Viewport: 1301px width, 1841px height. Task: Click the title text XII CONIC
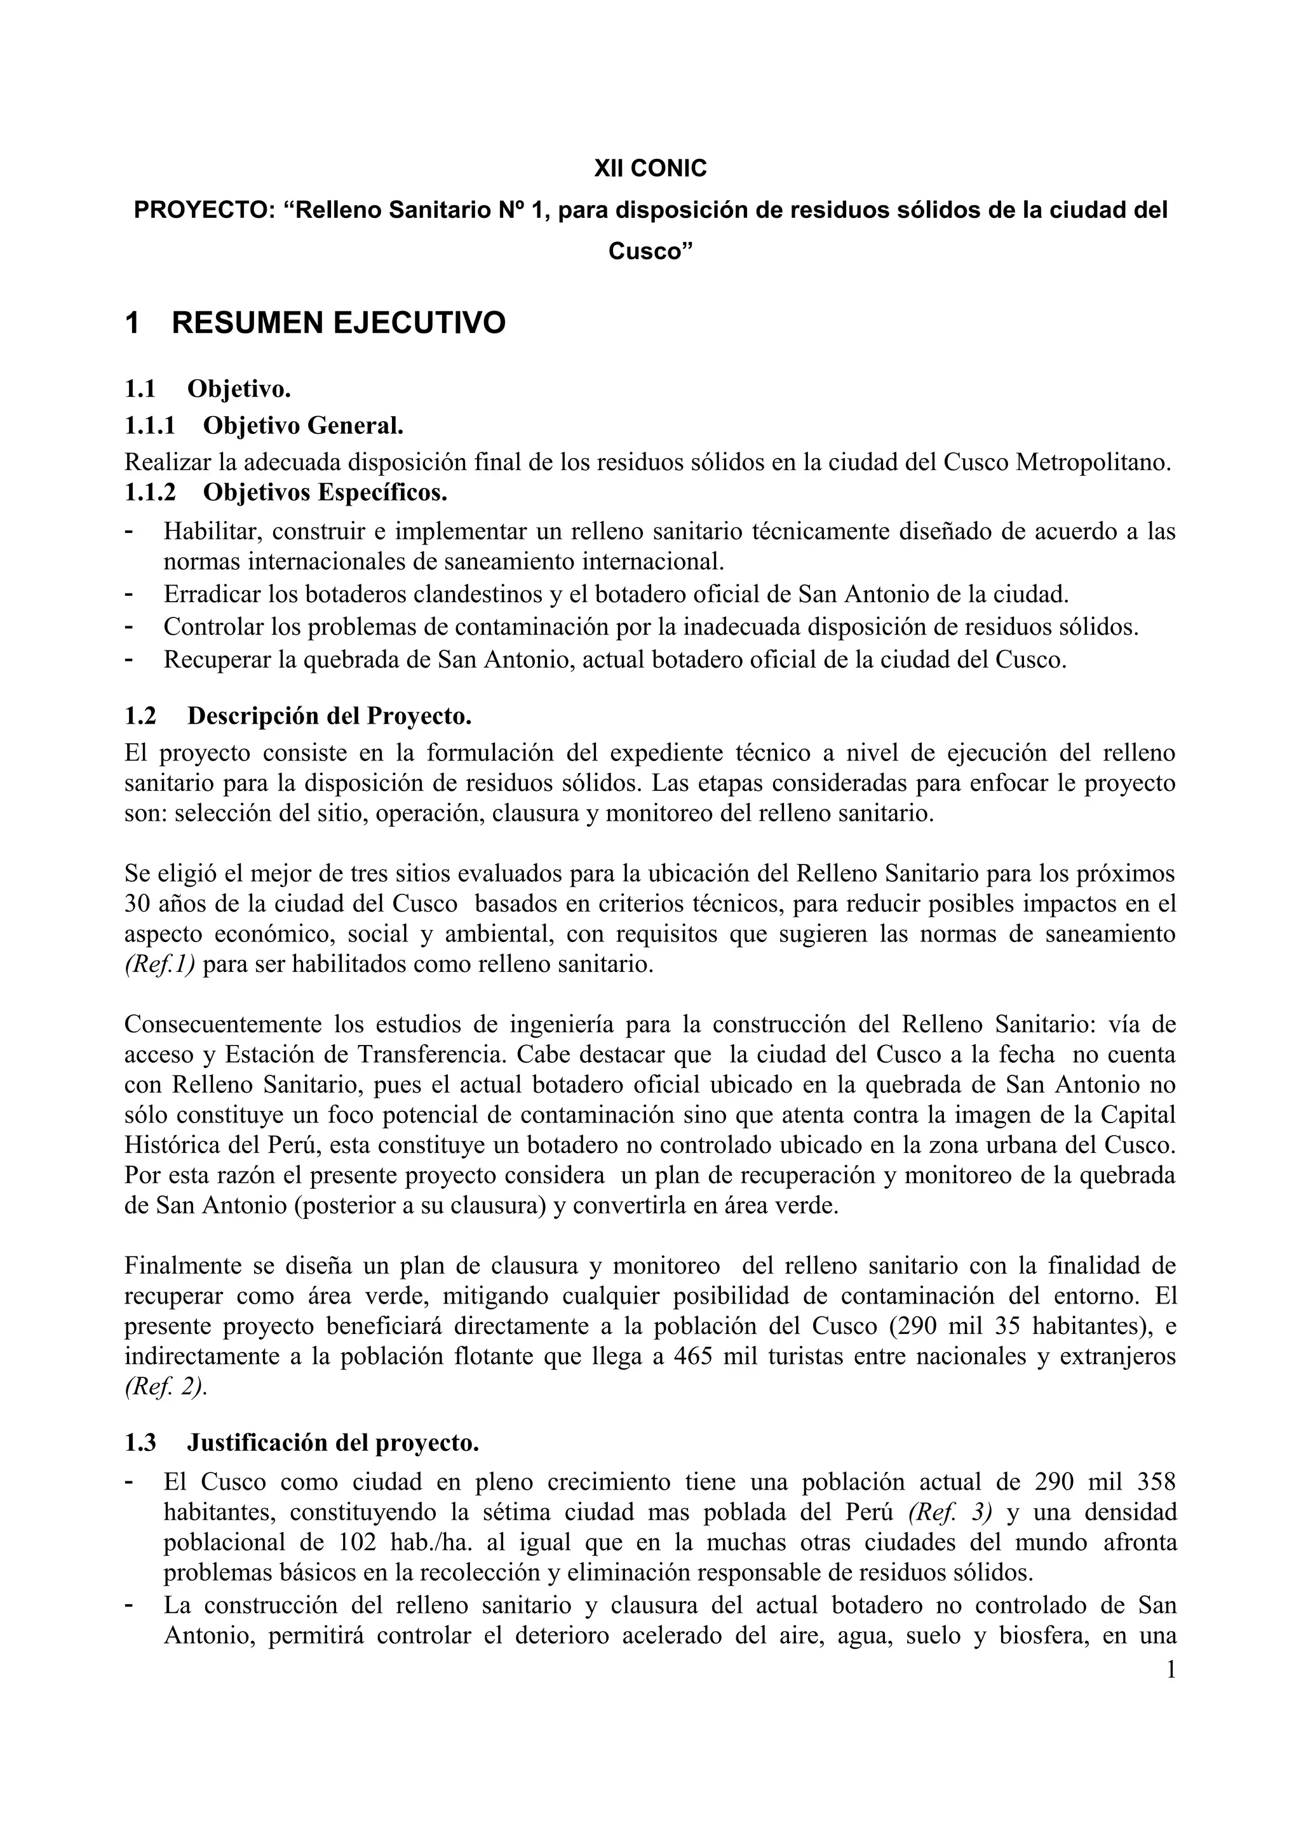650,168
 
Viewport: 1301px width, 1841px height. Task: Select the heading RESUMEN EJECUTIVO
339,323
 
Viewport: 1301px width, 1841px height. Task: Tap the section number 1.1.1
150,425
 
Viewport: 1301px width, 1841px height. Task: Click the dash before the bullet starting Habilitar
129,531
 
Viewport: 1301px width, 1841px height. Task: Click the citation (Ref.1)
159,964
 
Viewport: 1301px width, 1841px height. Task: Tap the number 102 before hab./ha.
350,1542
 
